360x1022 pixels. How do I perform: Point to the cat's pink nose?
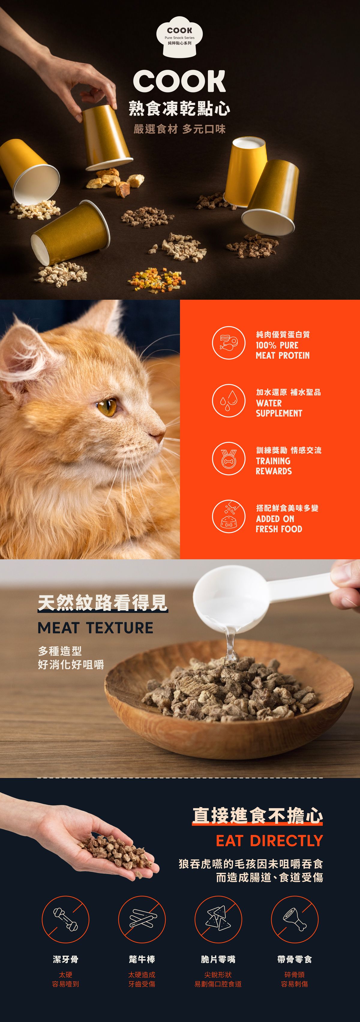point(160,437)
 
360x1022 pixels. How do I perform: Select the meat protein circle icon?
point(228,343)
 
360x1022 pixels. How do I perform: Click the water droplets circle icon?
point(228,401)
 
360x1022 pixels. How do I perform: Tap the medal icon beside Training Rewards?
point(228,459)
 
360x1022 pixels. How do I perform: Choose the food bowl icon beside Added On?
point(228,516)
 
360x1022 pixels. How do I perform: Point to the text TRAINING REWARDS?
point(274,466)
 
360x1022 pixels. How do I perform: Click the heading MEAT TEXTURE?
point(95,628)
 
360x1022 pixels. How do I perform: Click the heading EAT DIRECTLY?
point(269,840)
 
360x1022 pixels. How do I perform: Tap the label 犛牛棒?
point(142,959)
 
